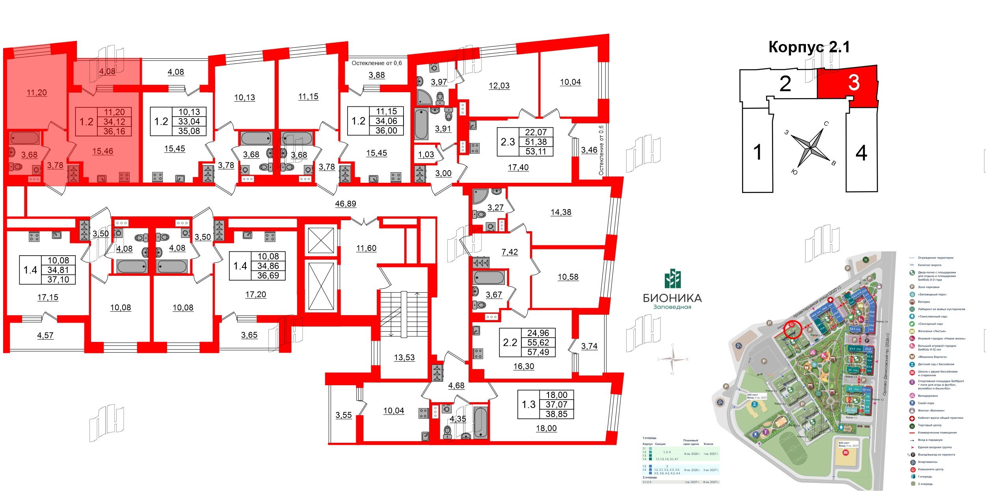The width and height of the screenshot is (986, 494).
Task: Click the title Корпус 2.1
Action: coord(809,47)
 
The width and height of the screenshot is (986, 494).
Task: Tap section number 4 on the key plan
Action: coord(861,153)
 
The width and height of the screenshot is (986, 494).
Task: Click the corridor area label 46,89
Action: coord(345,204)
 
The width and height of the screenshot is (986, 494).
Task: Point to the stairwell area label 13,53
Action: coord(404,357)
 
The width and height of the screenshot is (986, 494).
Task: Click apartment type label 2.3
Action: coord(508,142)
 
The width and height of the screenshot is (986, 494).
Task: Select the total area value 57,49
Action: coord(538,352)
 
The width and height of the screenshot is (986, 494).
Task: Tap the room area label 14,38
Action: coord(561,212)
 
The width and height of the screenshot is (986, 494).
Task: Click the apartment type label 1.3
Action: coord(528,405)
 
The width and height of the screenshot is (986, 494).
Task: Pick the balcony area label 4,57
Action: coord(45,335)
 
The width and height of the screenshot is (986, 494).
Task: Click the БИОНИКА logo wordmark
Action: coord(672,298)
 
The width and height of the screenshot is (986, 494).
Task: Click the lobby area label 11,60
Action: coord(366,248)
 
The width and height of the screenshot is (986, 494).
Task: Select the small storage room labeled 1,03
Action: coord(426,154)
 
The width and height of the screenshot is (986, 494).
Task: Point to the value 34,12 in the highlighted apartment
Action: coord(114,122)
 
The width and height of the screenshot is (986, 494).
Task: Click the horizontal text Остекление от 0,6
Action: coord(376,63)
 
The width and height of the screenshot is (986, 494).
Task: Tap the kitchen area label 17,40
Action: coord(518,167)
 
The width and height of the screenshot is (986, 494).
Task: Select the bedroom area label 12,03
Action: coord(499,85)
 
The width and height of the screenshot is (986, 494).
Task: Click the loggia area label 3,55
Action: coord(343,415)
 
